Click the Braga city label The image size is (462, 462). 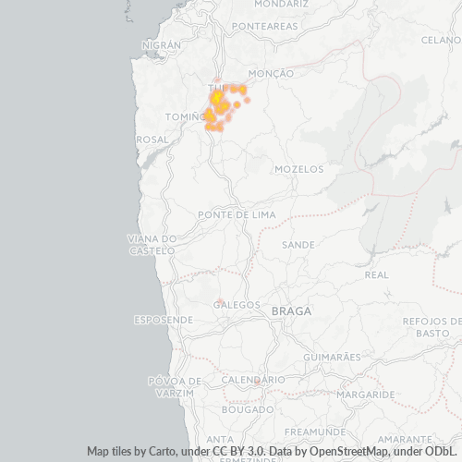tap(291, 311)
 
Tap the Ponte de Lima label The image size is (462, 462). tap(237, 214)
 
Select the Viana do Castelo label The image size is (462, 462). tap(152, 245)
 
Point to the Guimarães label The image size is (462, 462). tap(332, 357)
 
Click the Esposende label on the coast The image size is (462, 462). tap(164, 320)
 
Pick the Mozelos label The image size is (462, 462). tap(299, 169)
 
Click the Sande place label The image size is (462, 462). tap(298, 245)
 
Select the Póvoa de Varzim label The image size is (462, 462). tap(171, 387)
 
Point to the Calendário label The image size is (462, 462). tap(253, 380)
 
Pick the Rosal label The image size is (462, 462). tap(152, 139)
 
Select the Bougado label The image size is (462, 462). tap(248, 409)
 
